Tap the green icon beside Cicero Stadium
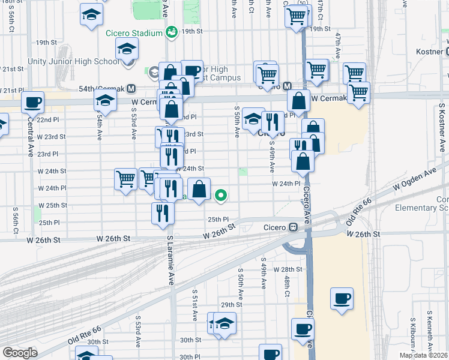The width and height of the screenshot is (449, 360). (171, 31)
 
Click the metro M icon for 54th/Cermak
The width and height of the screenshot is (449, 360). (130, 88)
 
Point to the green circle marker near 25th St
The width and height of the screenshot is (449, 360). (221, 194)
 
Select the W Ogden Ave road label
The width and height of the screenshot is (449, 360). (414, 181)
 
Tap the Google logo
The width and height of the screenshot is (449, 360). (20, 353)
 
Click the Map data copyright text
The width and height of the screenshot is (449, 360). (423, 355)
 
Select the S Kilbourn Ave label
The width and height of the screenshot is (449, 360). (412, 333)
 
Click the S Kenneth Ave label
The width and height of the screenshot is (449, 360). (430, 330)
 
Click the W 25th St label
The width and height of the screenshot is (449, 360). (52, 205)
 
